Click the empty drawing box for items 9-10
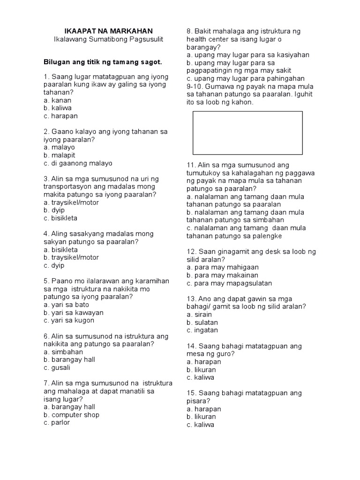point(247,133)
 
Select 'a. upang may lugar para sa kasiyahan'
point(247,55)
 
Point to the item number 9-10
point(195,86)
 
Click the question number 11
point(191,165)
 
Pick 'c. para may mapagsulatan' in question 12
point(229,283)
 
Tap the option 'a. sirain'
point(199,315)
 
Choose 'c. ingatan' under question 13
point(202,330)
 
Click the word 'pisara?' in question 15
point(197,401)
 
